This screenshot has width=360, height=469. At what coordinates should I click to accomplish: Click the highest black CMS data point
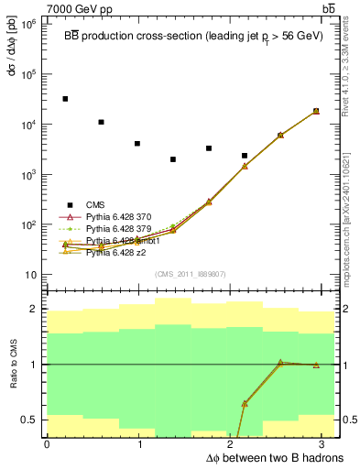65,99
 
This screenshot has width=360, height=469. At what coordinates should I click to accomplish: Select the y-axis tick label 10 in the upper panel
30,275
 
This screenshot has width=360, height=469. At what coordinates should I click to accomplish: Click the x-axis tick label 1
139,444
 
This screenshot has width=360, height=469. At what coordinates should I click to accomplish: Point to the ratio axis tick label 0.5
28,420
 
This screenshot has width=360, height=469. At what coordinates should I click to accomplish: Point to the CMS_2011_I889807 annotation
191,274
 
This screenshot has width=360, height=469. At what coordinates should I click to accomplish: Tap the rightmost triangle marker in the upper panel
316,111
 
